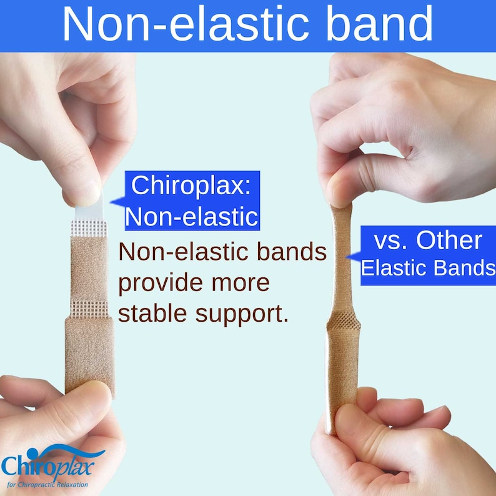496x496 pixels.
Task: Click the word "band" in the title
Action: point(383,25)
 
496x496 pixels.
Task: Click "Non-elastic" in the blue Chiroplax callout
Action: point(191,216)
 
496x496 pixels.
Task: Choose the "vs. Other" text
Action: point(428,241)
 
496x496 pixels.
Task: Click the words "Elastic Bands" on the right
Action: point(428,268)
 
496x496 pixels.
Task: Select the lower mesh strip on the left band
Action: point(89,307)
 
